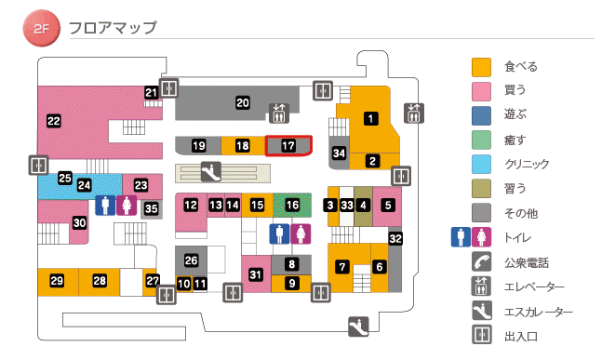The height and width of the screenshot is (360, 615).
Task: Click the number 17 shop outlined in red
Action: click(288, 146)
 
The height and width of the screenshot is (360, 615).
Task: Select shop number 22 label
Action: click(53, 121)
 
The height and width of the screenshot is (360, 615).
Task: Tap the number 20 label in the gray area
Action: click(243, 102)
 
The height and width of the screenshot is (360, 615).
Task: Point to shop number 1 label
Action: click(371, 118)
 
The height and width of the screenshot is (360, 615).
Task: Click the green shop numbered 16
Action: click(293, 205)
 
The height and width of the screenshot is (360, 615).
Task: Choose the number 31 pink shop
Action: click(256, 273)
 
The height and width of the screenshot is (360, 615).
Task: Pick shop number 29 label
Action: click(57, 281)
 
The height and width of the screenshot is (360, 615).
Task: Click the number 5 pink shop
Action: click(389, 205)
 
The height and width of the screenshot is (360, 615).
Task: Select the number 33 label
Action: click(347, 205)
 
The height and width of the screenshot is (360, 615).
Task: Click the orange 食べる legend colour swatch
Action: click(481, 67)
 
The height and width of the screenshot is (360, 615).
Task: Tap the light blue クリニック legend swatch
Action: click(481, 164)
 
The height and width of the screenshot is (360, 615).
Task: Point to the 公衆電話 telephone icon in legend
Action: click(481, 261)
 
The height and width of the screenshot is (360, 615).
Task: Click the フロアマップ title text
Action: click(113, 28)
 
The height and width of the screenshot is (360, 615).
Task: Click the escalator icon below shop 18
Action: click(212, 171)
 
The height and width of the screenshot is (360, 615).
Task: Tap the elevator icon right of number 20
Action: click(279, 113)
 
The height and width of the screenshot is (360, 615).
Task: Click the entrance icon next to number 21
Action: click(168, 88)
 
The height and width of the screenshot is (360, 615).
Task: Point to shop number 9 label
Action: click(291, 283)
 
